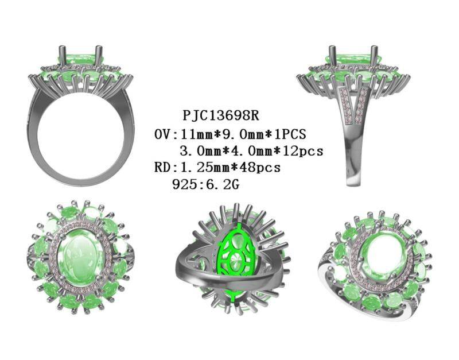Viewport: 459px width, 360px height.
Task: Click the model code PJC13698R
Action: tap(221, 115)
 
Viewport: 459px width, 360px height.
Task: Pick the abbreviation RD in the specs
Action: tap(162, 168)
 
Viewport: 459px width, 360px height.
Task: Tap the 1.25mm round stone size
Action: tap(205, 168)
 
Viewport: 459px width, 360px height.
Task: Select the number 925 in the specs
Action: tap(184, 184)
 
